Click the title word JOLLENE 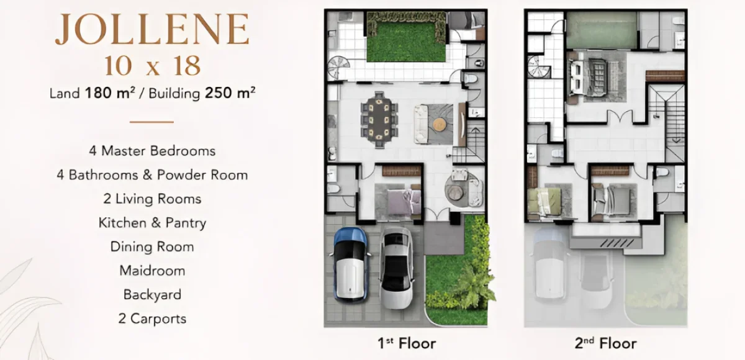[x=152, y=30]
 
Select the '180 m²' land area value [x=109, y=94]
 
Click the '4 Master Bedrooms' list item [x=152, y=151]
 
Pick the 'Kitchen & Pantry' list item [x=152, y=223]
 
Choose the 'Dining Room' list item [x=152, y=246]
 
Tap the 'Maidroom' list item [x=152, y=271]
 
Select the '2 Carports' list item [x=152, y=319]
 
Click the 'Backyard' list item [x=152, y=295]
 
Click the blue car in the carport [x=351, y=264]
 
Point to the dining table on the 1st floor [x=377, y=117]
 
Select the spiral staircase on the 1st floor [x=339, y=66]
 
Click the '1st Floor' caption [x=406, y=343]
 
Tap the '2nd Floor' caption [x=605, y=343]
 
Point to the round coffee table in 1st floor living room [x=440, y=123]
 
